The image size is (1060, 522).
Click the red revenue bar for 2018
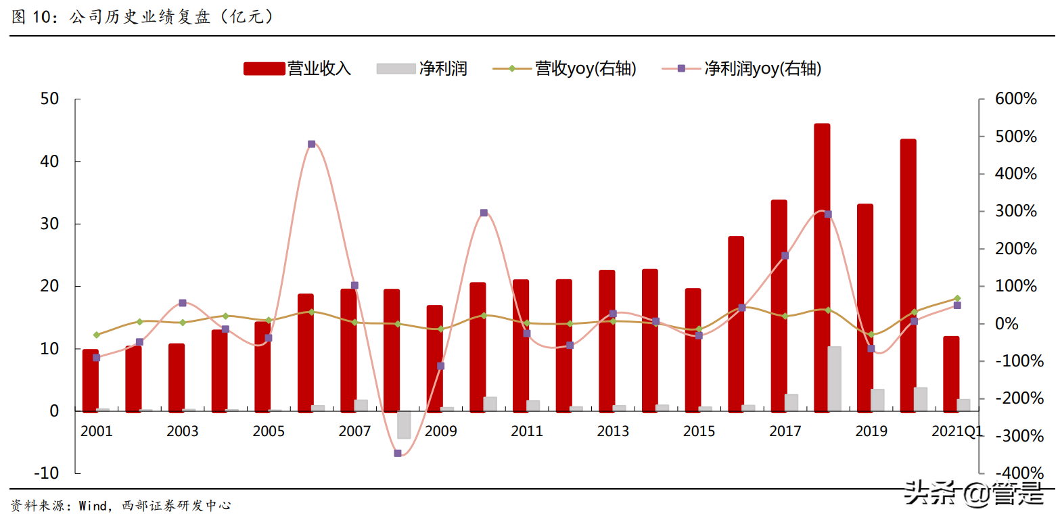(822, 267)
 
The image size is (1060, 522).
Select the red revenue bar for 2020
(908, 274)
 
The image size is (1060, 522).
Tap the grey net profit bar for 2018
(835, 379)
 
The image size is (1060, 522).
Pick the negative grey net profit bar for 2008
(404, 425)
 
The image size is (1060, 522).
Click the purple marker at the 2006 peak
(311, 144)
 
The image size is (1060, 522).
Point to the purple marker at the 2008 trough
(398, 453)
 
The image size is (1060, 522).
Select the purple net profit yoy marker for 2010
(484, 213)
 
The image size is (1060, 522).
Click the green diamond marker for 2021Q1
(957, 298)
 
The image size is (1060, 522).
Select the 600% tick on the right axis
(1016, 99)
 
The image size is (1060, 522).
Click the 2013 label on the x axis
(613, 431)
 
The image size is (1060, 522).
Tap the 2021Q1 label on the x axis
(957, 431)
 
